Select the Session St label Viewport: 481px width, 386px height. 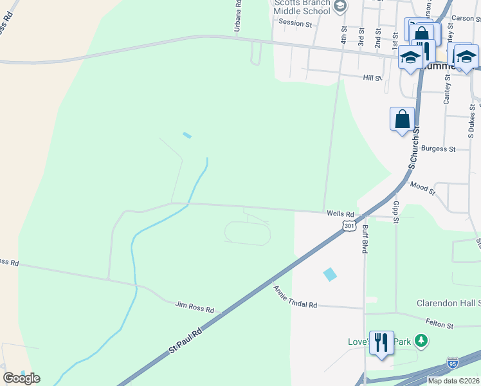tap(295, 23)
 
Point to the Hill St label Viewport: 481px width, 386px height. tap(372, 78)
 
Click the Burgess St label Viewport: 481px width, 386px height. tap(439, 149)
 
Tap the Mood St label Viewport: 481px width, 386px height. tap(422, 188)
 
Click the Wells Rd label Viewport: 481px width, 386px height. tap(340, 214)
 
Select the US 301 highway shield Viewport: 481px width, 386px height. tap(348, 226)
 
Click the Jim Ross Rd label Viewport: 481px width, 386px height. tap(194, 309)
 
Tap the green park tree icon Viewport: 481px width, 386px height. tap(421, 339)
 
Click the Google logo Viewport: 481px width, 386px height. tap(21, 378)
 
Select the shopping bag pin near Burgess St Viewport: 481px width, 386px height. tap(402, 120)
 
